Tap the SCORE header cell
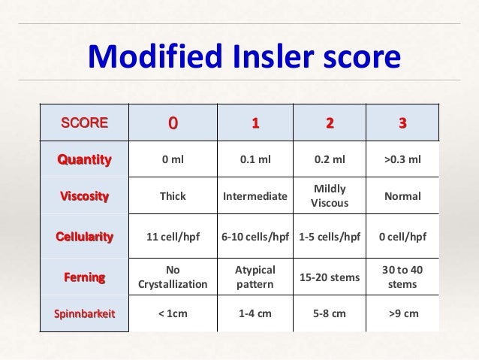tap(84, 123)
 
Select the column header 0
tap(173, 123)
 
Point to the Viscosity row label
tap(84, 197)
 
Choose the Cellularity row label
tap(84, 237)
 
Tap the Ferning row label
tap(84, 277)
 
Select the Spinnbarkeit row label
tap(84, 313)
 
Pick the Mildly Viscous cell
tap(329, 197)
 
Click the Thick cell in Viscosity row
tap(173, 197)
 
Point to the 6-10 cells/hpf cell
tap(255, 237)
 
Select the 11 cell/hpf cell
tap(173, 237)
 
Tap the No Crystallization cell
tap(173, 277)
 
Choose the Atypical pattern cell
tap(255, 277)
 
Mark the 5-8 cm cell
tap(329, 313)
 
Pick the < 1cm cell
tap(173, 313)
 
